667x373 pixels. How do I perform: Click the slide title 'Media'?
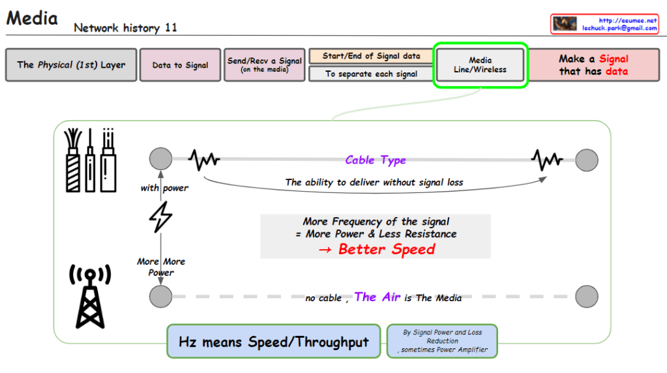tap(32, 18)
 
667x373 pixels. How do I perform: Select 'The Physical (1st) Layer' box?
tap(71, 65)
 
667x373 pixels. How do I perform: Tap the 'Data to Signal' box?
tap(180, 65)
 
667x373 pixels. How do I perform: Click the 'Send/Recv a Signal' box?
tap(264, 65)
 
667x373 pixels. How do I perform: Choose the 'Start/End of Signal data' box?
tap(371, 56)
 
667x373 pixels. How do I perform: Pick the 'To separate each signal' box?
tap(371, 74)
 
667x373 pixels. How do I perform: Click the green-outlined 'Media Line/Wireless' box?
tap(480, 65)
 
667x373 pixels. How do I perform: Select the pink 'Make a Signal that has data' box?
tap(593, 65)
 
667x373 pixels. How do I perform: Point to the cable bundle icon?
tap(91, 159)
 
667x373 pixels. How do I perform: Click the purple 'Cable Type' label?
tap(376, 160)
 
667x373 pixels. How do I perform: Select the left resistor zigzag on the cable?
tap(204, 159)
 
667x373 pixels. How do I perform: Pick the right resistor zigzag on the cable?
tap(546, 159)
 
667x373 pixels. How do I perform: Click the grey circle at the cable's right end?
tap(586, 159)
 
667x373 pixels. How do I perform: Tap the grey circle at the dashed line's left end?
tap(160, 297)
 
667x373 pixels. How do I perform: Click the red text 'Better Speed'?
tap(386, 249)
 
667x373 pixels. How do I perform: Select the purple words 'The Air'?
tap(377, 297)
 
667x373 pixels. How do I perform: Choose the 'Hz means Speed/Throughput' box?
tap(274, 342)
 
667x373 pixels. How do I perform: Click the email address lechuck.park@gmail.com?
tap(619, 28)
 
